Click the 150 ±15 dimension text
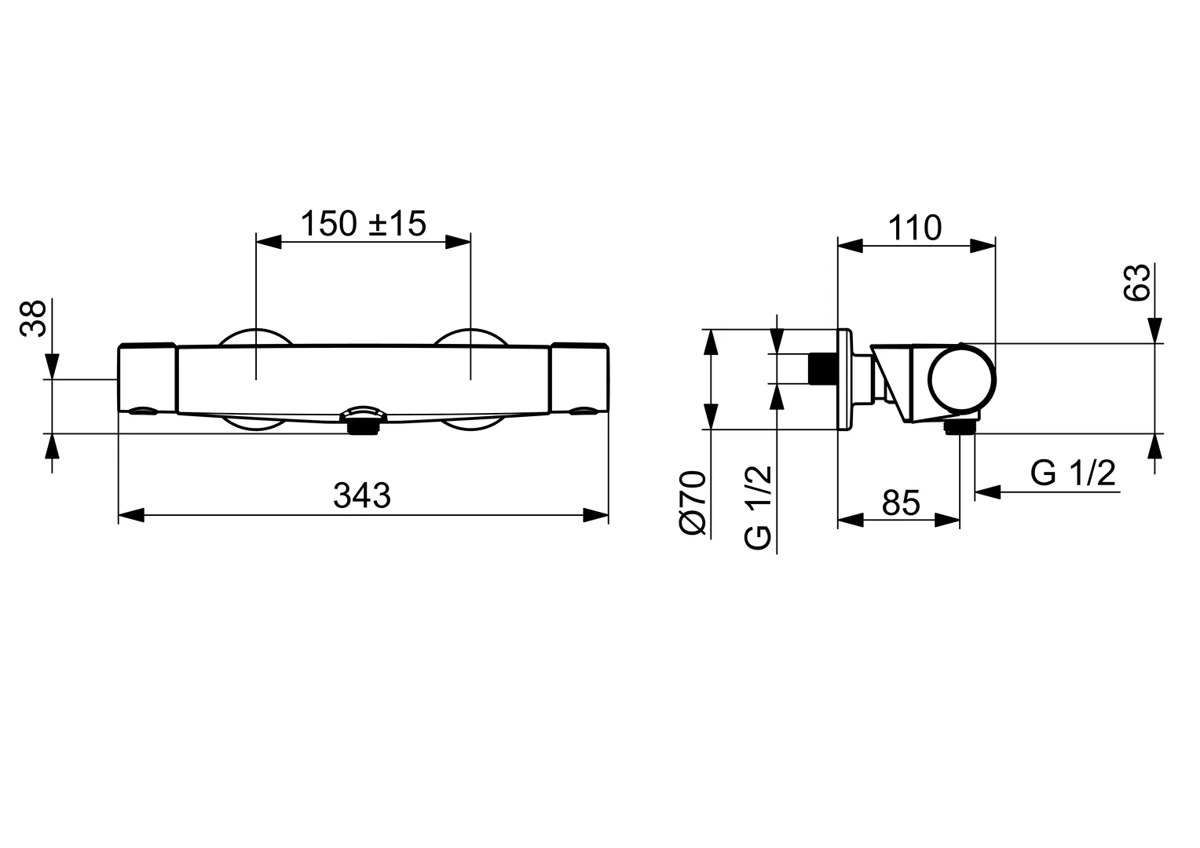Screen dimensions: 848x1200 pos(363,224)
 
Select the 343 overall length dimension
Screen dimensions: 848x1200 pos(362,495)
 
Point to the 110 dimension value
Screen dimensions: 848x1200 pos(915,228)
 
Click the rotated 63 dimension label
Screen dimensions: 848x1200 pos(1137,283)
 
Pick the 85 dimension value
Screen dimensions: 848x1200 pos(900,503)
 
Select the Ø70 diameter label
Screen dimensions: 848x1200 pos(693,503)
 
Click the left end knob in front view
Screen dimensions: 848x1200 pos(147,377)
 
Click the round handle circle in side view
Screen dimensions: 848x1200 pos(964,378)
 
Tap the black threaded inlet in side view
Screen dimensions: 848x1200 pos(822,369)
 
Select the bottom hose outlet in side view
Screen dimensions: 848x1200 pos(960,426)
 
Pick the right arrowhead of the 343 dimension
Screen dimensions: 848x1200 pos(596,516)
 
